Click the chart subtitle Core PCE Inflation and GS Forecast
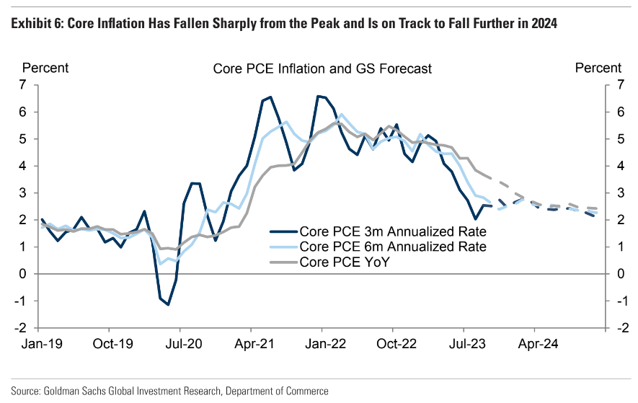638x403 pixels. pos(322,68)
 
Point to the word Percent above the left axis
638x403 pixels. pos(46,68)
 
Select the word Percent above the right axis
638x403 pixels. pos(598,68)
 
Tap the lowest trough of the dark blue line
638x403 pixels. pos(168,304)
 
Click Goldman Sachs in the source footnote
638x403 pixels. pos(75,391)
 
